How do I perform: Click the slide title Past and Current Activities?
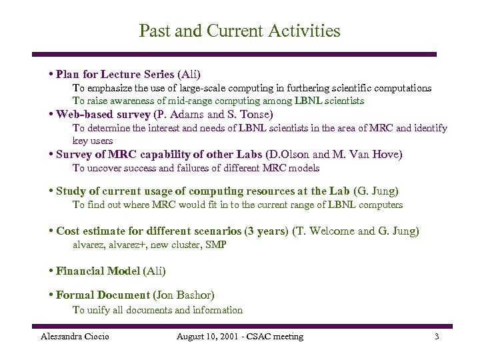tap(239, 31)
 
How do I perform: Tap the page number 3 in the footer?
tap(437, 337)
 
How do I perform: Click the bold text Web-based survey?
tap(103, 114)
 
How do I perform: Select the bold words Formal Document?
tap(103, 295)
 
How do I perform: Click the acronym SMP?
tap(216, 245)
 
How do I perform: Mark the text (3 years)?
tap(267, 231)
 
